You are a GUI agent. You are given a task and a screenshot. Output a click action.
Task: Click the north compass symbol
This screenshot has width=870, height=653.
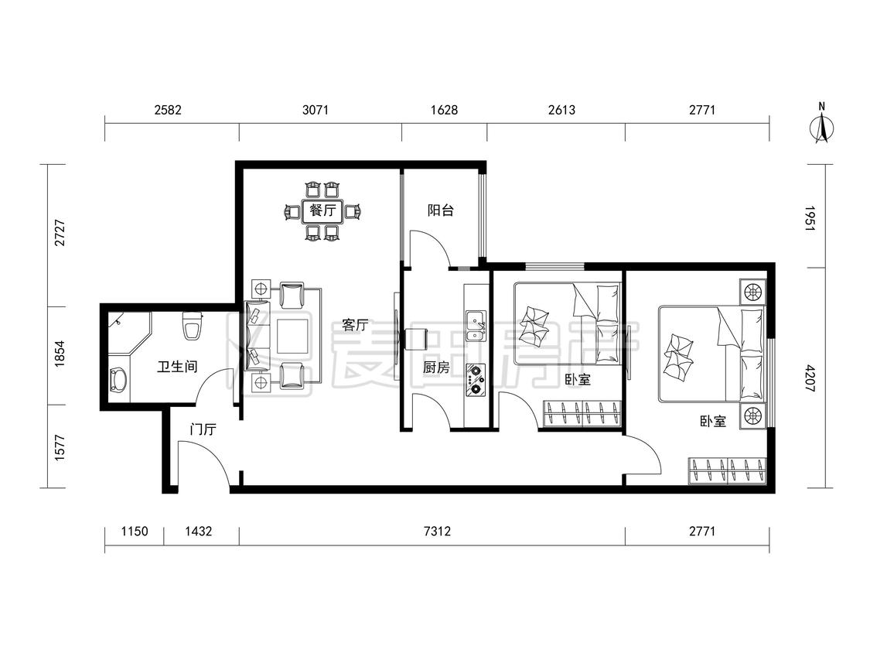coord(822,125)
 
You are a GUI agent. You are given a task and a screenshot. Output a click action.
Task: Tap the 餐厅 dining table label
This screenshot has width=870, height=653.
coord(322,210)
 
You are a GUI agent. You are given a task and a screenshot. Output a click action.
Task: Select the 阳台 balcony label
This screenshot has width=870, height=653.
coord(441,210)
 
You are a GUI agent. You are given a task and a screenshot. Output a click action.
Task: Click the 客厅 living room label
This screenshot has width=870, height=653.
coord(355,325)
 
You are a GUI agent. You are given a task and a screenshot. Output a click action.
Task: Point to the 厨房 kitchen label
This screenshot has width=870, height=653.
coord(436,367)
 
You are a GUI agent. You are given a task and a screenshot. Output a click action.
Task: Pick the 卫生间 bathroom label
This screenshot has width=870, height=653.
coord(177,367)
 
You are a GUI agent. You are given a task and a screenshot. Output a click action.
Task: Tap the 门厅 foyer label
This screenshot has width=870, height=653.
coord(203,429)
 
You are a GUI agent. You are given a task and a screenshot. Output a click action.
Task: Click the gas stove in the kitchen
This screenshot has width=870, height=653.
coord(476,380)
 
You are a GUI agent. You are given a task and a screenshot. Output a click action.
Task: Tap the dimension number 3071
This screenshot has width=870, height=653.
coord(316,110)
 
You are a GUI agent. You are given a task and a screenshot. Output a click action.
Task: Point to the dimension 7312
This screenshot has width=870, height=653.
coord(437,532)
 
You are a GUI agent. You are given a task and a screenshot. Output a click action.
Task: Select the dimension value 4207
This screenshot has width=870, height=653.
coord(810,378)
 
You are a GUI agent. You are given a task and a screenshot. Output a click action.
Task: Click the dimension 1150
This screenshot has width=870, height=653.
coord(135,532)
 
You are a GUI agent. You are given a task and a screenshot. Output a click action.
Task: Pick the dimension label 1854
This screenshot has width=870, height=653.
coord(60,354)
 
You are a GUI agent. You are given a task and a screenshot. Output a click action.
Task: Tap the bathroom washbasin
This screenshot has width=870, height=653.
coord(118,381)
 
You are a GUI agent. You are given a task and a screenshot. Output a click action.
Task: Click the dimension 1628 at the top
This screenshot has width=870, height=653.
coord(445,110)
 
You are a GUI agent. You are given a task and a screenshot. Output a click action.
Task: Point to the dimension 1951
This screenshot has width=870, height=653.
coord(810,219)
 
